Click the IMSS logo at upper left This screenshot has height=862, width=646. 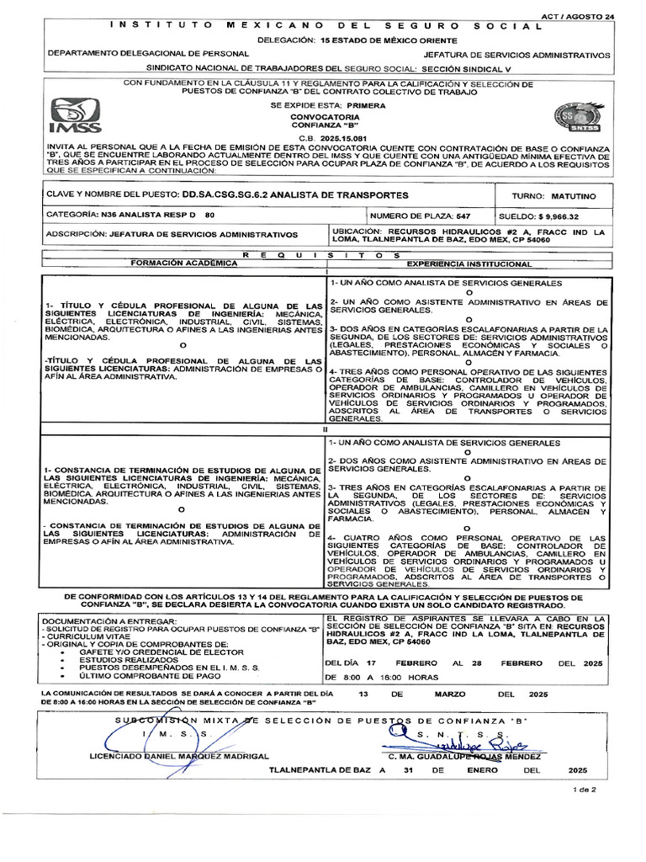(x=76, y=117)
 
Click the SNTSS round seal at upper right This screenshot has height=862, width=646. (x=573, y=119)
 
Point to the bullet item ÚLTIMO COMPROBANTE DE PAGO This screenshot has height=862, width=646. (x=139, y=675)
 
